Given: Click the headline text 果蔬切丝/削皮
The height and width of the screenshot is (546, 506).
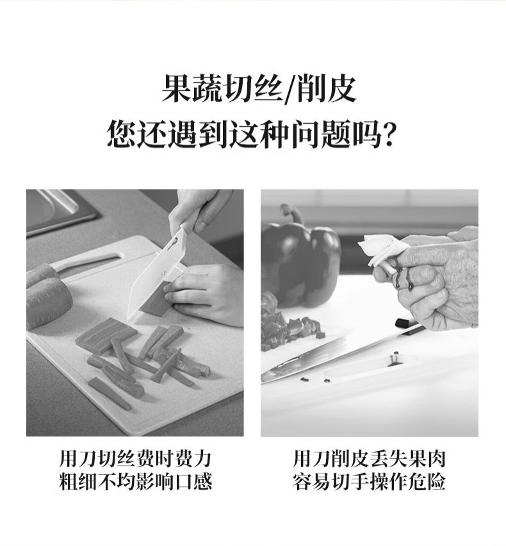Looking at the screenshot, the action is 259,90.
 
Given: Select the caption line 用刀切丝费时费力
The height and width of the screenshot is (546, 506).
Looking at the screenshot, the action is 135,459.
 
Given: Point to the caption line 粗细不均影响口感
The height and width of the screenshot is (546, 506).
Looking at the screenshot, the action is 135,482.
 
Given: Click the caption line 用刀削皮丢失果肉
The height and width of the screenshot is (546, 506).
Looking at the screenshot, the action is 369,459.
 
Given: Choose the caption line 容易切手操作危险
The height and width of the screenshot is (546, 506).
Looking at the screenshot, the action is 369,482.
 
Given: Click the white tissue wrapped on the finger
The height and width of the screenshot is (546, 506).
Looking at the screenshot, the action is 381,251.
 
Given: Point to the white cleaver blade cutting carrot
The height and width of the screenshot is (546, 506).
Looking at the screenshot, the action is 156,274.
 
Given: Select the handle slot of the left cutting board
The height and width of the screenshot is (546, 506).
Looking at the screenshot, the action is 89,262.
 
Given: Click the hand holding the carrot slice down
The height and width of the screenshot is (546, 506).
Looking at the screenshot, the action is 207,294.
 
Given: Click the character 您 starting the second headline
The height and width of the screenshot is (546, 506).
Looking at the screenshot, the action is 121,135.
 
